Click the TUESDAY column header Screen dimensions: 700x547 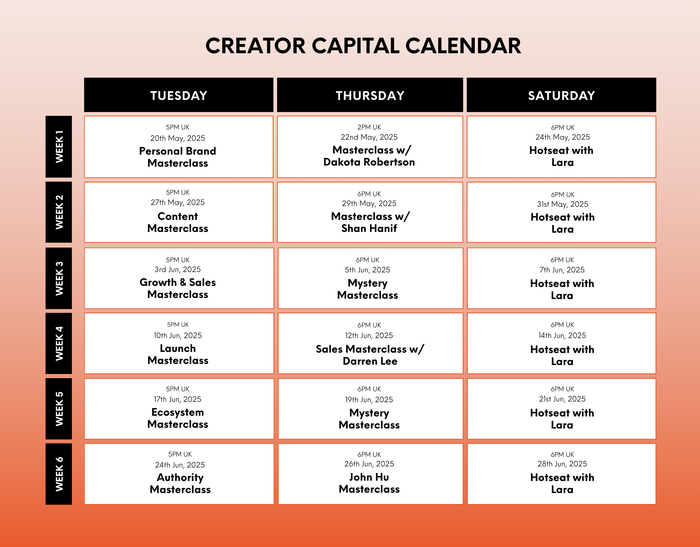tap(179, 95)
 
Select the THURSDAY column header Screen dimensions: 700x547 tap(370, 95)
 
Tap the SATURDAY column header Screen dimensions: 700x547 tap(561, 95)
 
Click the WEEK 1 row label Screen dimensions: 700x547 tap(59, 147)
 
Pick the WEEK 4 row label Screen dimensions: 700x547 tap(59, 343)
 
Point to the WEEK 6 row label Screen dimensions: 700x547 tap(59, 474)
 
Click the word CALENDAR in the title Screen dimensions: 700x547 tap(463, 46)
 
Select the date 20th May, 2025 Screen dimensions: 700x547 tap(178, 138)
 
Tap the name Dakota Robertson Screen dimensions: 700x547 tap(369, 162)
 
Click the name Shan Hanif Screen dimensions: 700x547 tap(369, 228)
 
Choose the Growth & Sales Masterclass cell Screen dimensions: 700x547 tap(179, 278)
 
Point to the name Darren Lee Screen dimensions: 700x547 tap(370, 361)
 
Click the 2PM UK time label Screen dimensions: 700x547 tap(369, 127)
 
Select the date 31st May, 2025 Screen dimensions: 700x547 tap(563, 204)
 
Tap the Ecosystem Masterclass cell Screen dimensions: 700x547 tap(179, 409)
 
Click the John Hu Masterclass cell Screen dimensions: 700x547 tap(370, 474)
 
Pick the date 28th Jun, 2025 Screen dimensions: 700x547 tap(562, 464)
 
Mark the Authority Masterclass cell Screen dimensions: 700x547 tap(179, 474)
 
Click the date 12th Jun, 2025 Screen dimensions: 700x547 tap(369, 335)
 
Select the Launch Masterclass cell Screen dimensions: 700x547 tap(179, 343)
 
